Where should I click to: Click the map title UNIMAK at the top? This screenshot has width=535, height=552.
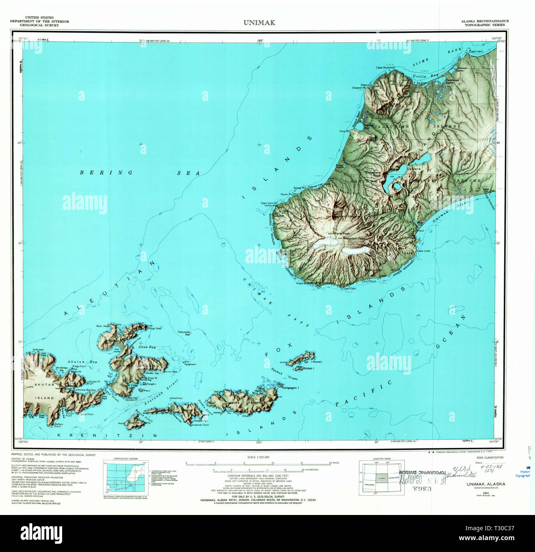click(259, 23)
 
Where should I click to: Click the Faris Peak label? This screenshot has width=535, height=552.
click(342, 233)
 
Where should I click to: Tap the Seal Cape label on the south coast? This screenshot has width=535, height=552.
click(350, 288)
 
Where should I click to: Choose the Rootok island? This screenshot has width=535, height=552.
click(134, 423)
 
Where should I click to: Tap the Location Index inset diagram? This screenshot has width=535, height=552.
click(379, 478)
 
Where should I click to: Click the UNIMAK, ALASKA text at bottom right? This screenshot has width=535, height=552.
click(486, 484)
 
